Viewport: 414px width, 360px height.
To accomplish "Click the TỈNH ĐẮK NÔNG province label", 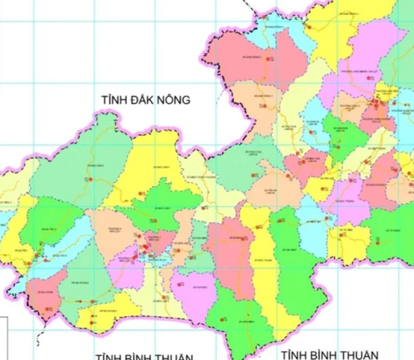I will tap(146, 100).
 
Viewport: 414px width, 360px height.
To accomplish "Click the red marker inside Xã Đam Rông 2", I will tap(270, 59).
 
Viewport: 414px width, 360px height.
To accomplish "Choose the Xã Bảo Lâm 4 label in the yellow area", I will tap(161, 166).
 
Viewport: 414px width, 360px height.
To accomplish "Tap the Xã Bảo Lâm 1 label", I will tap(163, 208).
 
